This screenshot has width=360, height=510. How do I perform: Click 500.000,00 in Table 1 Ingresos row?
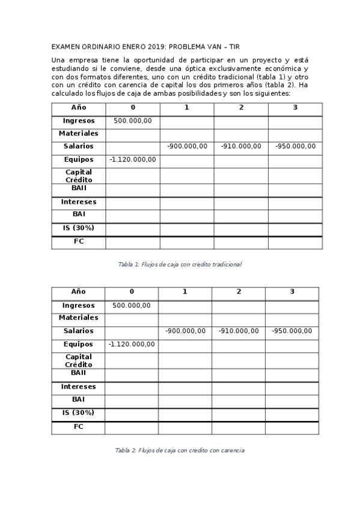[133, 121]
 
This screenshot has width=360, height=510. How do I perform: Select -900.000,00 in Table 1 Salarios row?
[187, 146]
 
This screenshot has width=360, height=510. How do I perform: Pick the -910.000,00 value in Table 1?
[241, 146]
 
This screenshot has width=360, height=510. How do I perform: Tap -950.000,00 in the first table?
[295, 146]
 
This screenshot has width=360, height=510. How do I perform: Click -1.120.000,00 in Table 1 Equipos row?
[133, 159]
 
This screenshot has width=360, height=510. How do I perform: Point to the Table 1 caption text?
[180, 264]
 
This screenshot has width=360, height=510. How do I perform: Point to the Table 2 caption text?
[180, 450]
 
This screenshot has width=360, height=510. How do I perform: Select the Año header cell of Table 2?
[78, 292]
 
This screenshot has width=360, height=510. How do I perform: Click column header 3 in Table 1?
[295, 108]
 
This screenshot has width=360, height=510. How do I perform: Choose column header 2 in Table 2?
[239, 292]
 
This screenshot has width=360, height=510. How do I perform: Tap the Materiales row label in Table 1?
[78, 134]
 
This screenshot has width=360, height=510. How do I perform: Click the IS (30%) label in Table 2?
[78, 413]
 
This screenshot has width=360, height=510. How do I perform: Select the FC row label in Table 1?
[78, 242]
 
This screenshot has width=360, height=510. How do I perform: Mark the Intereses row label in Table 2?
[78, 387]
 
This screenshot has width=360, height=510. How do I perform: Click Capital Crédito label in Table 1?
[78, 176]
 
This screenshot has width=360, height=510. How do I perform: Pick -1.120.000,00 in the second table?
[132, 345]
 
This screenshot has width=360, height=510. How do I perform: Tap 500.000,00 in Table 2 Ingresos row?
[132, 306]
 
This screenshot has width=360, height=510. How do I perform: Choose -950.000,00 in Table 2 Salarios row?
[292, 331]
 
